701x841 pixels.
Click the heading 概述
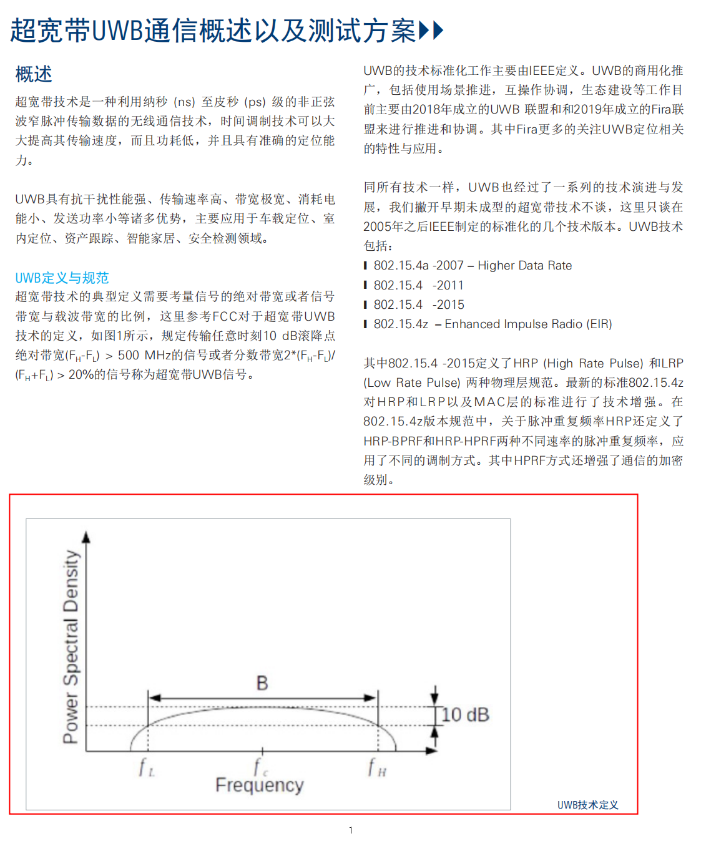point(34,74)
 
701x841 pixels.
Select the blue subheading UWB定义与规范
point(62,278)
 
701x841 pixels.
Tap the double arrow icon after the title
point(431,30)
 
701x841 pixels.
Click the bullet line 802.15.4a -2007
point(418,266)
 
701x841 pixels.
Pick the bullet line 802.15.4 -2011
point(418,285)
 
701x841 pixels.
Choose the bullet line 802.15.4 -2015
point(418,304)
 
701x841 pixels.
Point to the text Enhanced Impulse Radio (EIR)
point(528,324)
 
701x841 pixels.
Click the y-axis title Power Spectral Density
point(71,646)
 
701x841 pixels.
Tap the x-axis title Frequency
point(259,785)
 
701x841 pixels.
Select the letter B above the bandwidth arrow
point(262,683)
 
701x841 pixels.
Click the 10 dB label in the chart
point(465,715)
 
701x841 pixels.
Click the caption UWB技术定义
point(587,805)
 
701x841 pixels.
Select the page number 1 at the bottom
point(351,830)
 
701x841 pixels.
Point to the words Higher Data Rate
point(524,266)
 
